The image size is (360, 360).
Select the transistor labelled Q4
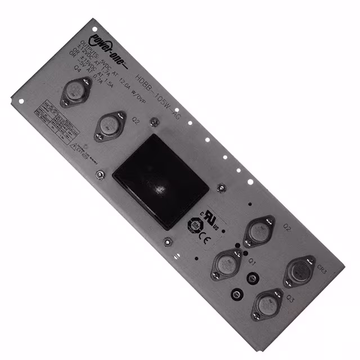point(77,91)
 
